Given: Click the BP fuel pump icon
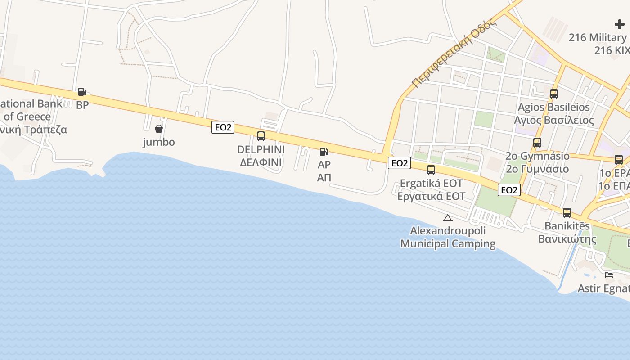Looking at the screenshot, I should pyautogui.click(x=82, y=92).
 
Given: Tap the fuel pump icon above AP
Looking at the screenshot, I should pyautogui.click(x=324, y=152).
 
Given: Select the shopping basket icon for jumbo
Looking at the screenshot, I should pyautogui.click(x=159, y=129).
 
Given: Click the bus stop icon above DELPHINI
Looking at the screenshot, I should pyautogui.click(x=261, y=136).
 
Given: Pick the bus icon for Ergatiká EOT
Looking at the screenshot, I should pyautogui.click(x=431, y=170).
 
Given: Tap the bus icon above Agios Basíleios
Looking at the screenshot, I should pyautogui.click(x=554, y=94).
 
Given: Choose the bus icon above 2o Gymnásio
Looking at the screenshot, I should pyautogui.click(x=537, y=143).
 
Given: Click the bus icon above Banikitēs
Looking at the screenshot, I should pyautogui.click(x=567, y=212).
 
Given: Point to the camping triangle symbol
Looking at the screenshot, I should pyautogui.click(x=447, y=218).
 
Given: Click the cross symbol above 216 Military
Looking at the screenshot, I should pyautogui.click(x=620, y=24).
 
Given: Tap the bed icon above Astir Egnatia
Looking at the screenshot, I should pyautogui.click(x=609, y=275).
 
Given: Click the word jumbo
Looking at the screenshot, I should pyautogui.click(x=159, y=142).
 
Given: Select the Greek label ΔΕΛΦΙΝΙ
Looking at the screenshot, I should pyautogui.click(x=261, y=162).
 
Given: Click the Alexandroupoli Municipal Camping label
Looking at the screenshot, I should pyautogui.click(x=448, y=237).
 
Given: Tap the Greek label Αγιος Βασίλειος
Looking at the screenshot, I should pyautogui.click(x=554, y=120).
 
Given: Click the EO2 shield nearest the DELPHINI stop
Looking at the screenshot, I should pyautogui.click(x=223, y=127).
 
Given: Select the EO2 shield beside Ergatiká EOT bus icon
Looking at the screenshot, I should pyautogui.click(x=399, y=163).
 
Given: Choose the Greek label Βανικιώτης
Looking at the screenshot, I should pyautogui.click(x=567, y=238).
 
